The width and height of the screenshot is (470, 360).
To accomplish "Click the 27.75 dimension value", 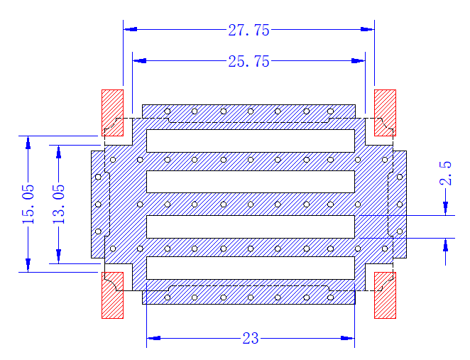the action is click(248, 31).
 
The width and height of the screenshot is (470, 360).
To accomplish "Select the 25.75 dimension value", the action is click(248, 62).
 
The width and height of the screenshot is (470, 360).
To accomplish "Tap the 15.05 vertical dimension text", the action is click(28, 204).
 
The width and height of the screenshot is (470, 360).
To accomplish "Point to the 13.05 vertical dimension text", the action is click(59, 204).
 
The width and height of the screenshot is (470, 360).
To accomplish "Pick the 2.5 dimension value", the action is click(445, 173).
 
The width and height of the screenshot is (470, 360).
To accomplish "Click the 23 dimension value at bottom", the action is click(251, 339).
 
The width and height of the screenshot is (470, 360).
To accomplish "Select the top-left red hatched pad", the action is click(112, 113).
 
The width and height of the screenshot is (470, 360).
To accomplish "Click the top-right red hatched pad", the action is click(386, 113).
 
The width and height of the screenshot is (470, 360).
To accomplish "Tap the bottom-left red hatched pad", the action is click(112, 295).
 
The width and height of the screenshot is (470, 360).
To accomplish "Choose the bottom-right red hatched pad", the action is click(386, 295).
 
